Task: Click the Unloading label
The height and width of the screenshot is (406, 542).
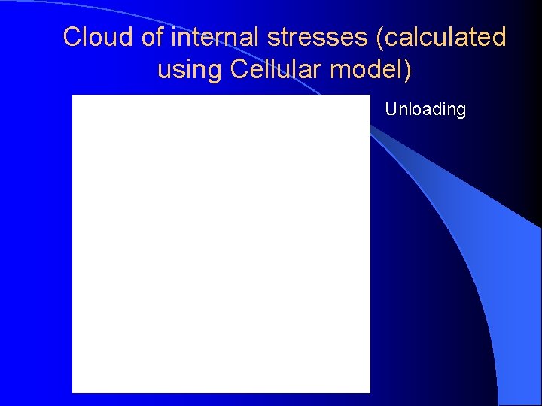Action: click(425, 110)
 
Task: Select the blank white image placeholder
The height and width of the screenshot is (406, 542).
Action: click(221, 244)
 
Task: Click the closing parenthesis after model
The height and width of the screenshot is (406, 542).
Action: click(408, 70)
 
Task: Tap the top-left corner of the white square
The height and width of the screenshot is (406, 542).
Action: click(73, 96)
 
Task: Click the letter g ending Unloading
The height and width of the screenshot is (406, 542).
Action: click(461, 111)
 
